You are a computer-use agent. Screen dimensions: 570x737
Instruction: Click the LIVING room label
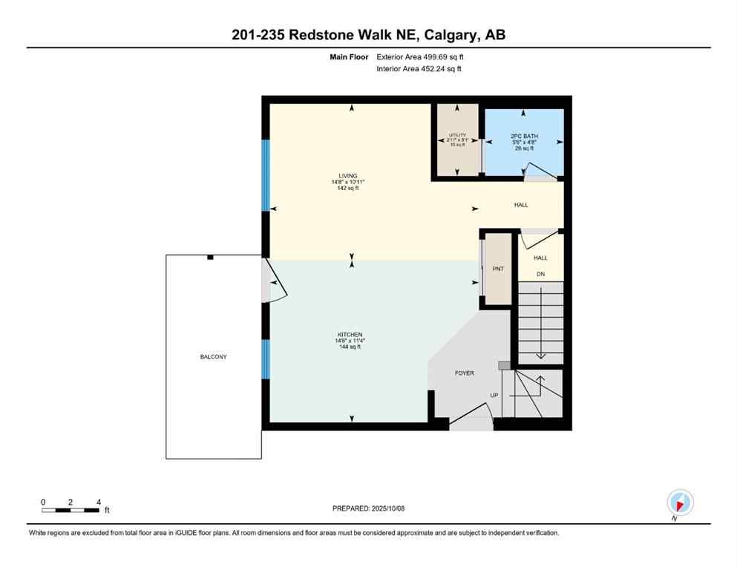click(x=348, y=176)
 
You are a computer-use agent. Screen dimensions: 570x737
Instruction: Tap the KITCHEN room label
click(x=349, y=335)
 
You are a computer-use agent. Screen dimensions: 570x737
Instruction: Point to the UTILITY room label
click(x=456, y=135)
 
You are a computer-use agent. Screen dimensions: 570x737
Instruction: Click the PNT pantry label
click(x=498, y=269)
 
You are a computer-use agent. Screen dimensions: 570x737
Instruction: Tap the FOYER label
click(x=464, y=373)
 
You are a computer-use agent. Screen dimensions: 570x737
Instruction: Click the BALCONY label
click(x=213, y=357)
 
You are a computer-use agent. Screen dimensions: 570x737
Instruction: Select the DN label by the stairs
click(x=541, y=274)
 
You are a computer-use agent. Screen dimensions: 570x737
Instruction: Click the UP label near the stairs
click(x=493, y=395)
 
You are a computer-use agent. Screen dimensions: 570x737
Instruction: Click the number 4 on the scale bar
click(x=98, y=502)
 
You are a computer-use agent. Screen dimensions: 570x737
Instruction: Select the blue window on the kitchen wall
click(x=266, y=358)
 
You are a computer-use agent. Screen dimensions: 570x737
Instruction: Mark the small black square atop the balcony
click(x=210, y=257)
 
